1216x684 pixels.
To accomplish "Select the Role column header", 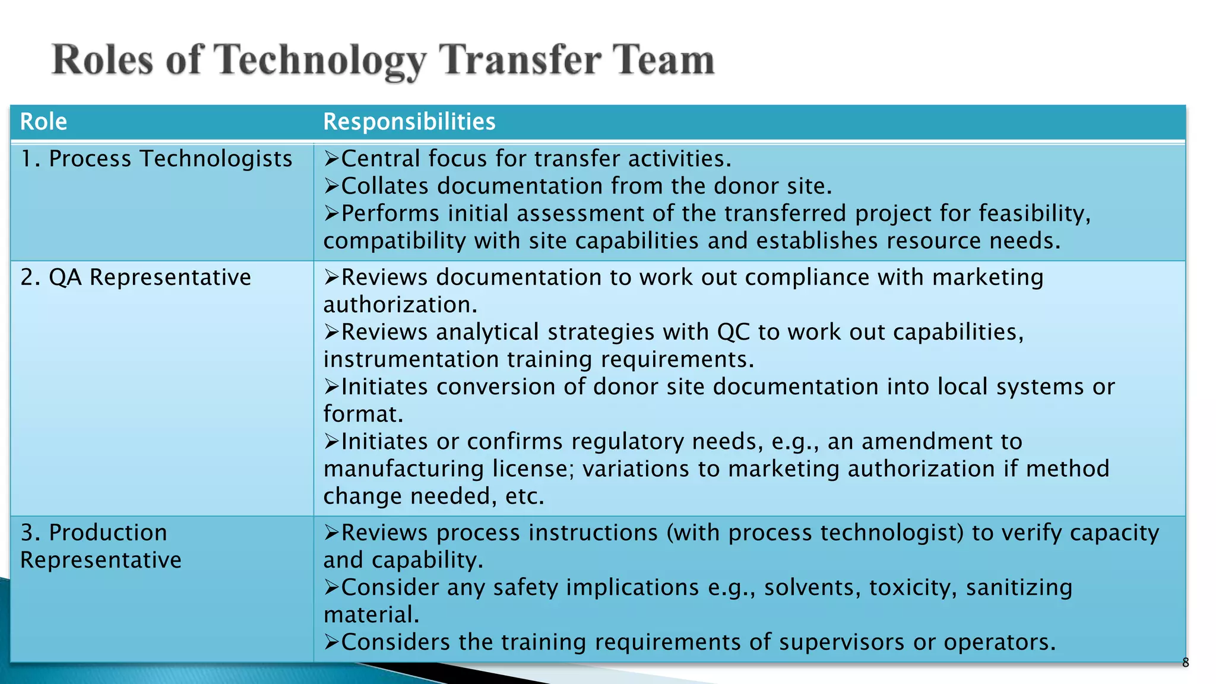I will pos(43,122).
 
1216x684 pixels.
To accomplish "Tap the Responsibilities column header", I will pos(409,122).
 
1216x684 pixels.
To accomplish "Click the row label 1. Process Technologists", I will pos(156,159).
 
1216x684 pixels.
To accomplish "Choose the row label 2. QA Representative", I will pos(135,277).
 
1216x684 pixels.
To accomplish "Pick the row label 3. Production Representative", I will pos(101,546).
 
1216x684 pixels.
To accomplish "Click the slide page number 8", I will pos(1185,663).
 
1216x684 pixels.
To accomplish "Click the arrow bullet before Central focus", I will pos(331,159).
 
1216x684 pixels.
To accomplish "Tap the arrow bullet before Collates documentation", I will pos(331,186).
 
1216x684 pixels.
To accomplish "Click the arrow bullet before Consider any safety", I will pos(331,587).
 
